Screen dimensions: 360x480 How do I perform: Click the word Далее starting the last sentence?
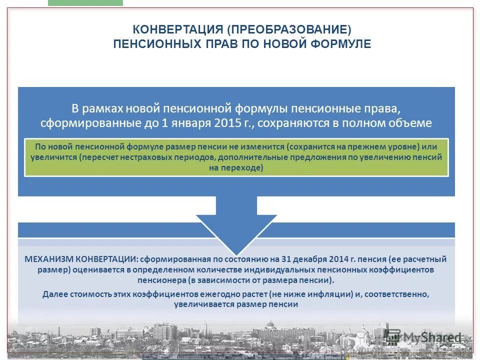click(54, 293)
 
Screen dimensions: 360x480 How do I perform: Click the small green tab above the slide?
click(85, 2)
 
